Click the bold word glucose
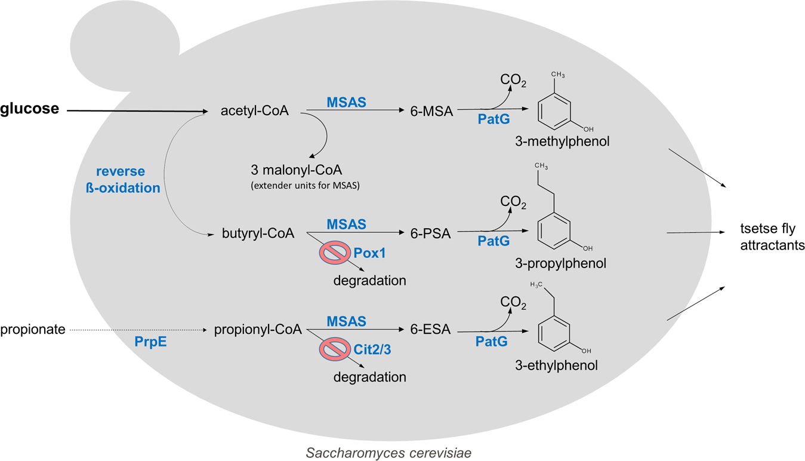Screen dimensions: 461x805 tap(29, 109)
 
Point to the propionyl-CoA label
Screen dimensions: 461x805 tap(258, 330)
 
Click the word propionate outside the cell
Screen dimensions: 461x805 tap(33, 330)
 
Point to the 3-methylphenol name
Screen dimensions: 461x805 tap(562, 142)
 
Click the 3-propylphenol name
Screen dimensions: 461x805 tap(561, 263)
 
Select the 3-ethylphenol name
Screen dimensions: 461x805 tap(556, 364)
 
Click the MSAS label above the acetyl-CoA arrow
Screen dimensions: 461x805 tap(346, 103)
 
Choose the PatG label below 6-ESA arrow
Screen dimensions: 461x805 tap(492, 342)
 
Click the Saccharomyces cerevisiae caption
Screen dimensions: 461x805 tap(388, 453)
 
